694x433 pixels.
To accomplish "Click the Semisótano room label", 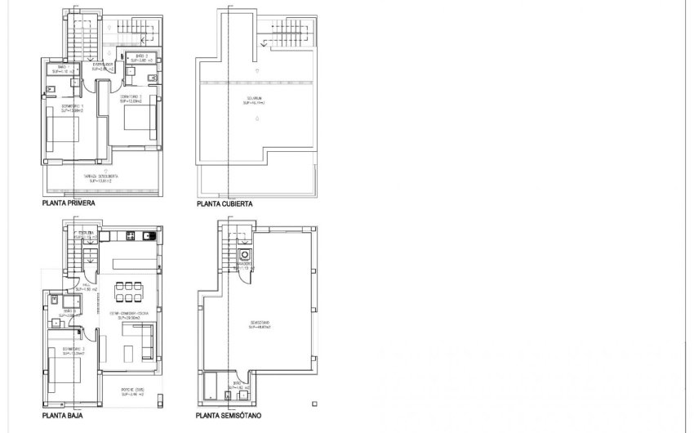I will point(257,325).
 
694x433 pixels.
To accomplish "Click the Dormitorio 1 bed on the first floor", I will point(62,131).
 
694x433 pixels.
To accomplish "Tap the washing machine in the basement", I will point(243,254).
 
